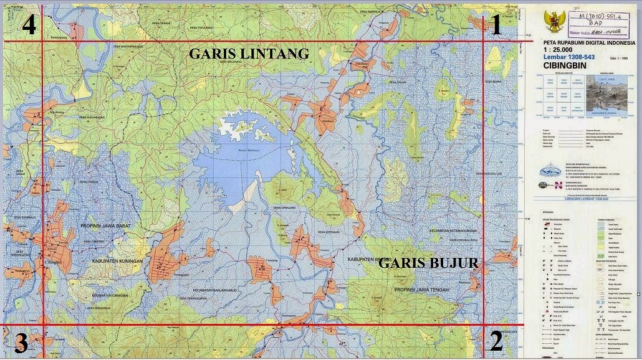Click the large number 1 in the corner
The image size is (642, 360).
click(496, 26)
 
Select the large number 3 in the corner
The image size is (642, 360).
click(21, 343)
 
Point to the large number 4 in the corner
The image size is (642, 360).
click(29, 25)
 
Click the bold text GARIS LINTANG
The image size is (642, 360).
click(249, 54)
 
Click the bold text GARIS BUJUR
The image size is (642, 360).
click(428, 263)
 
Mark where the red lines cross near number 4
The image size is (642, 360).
click(42, 41)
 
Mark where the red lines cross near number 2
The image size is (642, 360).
click(484, 324)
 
